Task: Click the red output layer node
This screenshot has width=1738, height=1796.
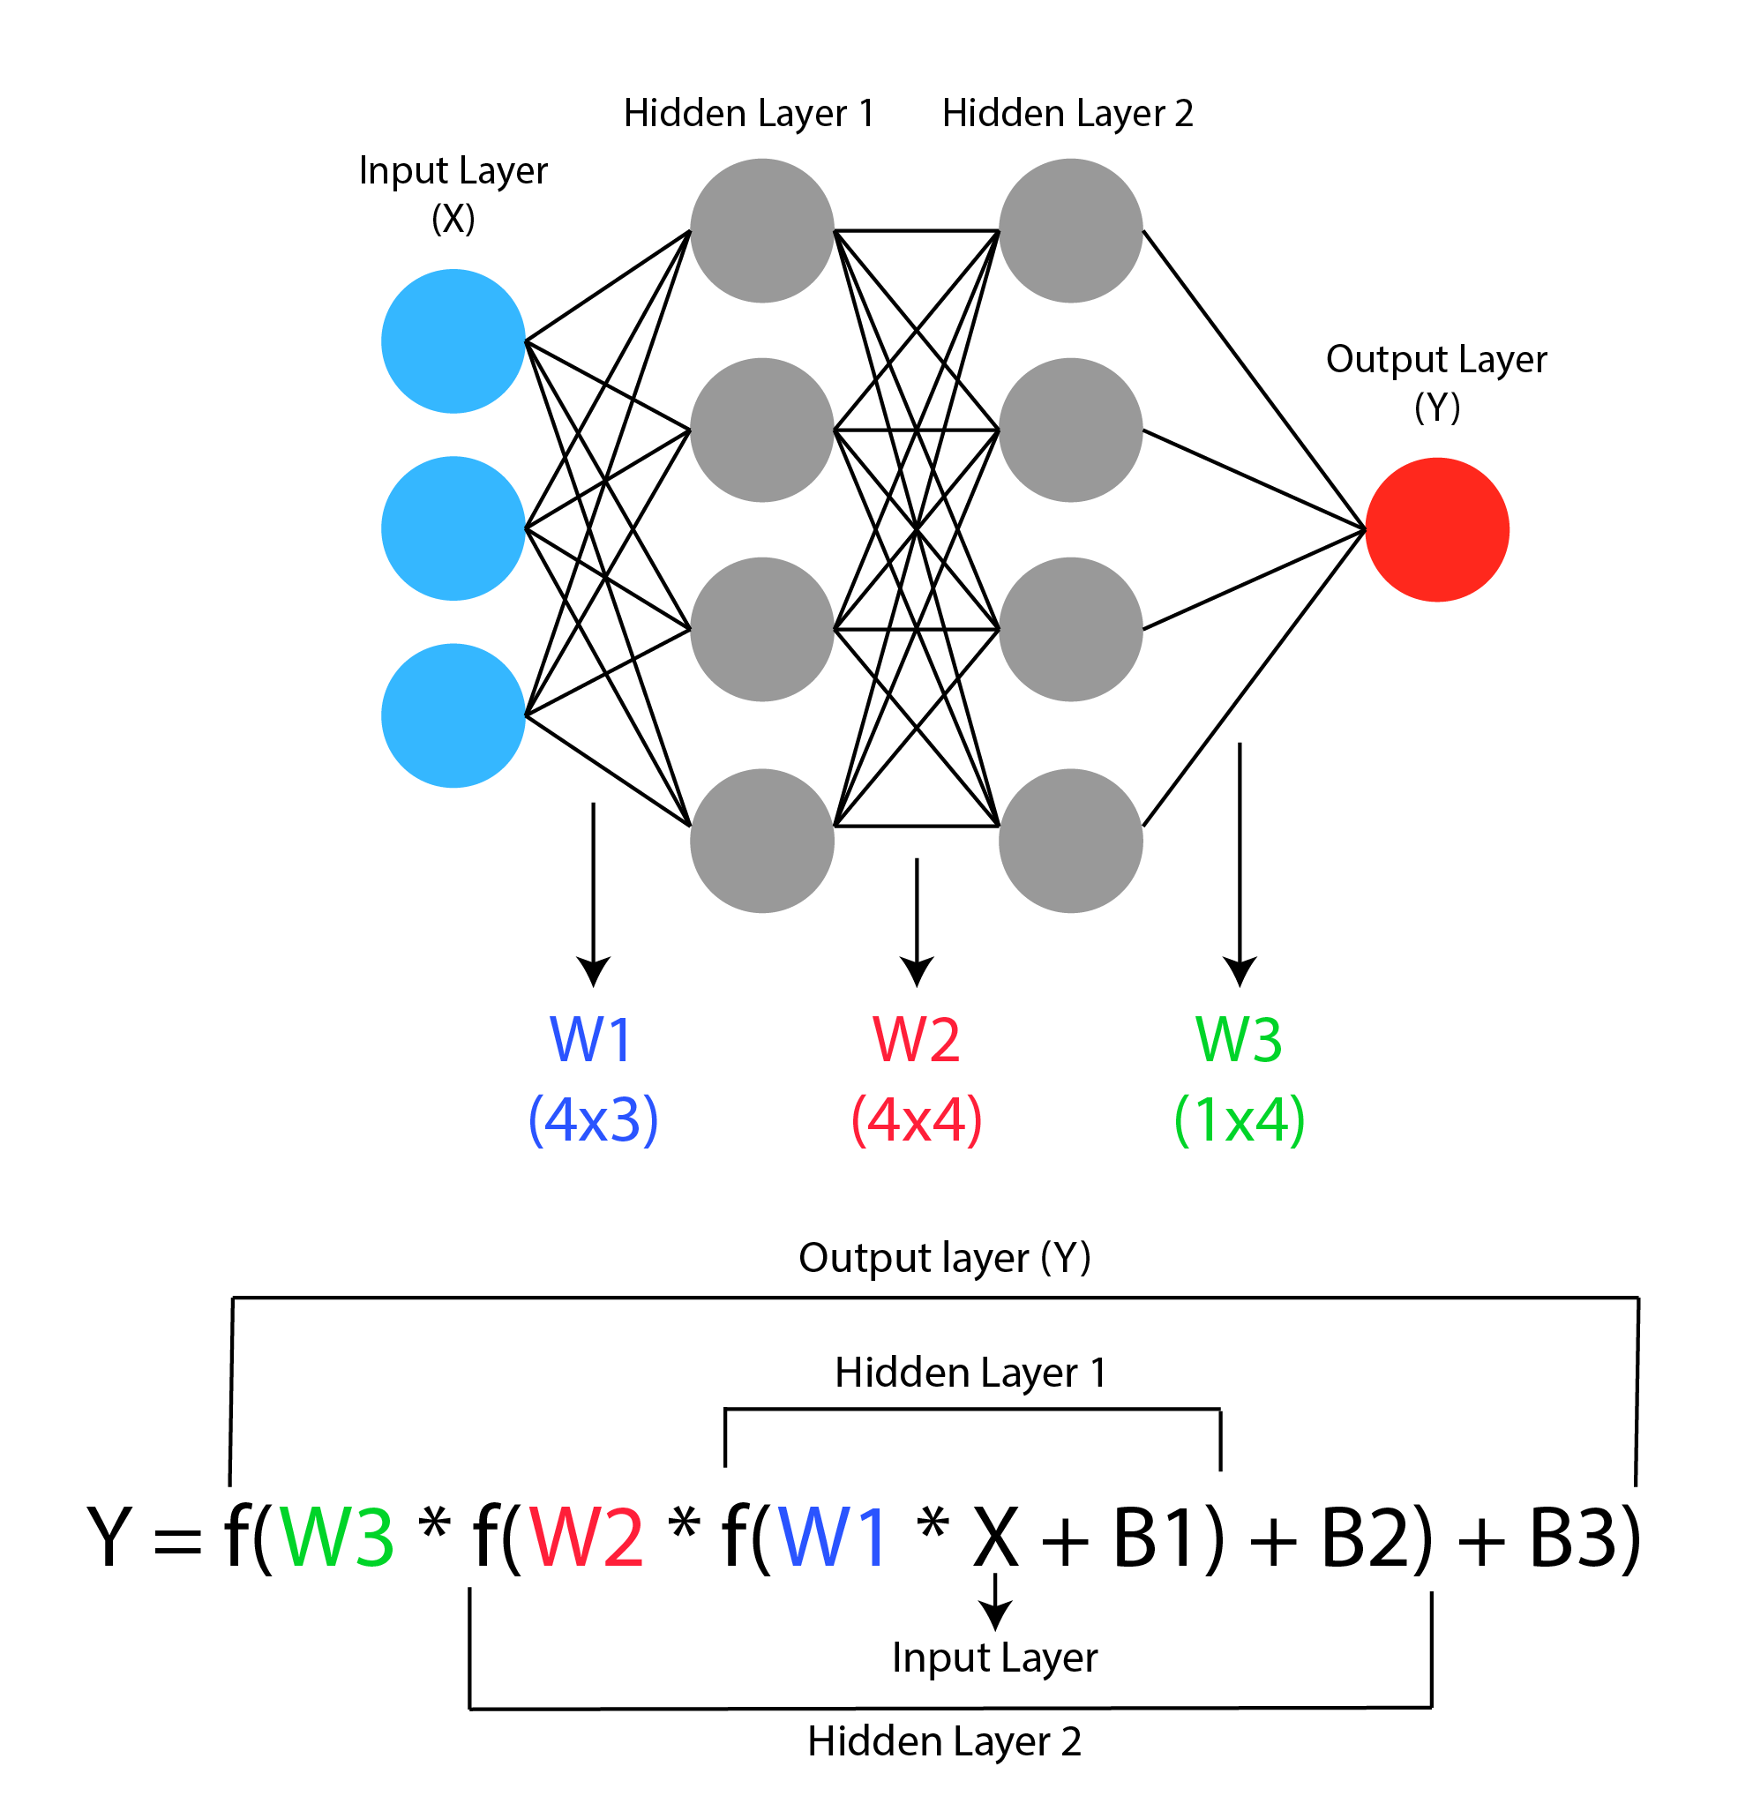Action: coord(1436,529)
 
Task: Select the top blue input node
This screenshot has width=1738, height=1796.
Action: coord(453,340)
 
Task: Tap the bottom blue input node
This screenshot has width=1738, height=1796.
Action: coord(453,715)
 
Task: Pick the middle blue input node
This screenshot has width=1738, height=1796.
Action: coord(453,528)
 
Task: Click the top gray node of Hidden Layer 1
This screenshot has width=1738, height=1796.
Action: coord(761,231)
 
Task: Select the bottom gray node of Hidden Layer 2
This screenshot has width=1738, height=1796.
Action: coord(1071,841)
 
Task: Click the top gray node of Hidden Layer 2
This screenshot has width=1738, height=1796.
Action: coord(1071,231)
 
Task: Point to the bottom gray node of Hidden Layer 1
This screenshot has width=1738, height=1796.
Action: coord(761,841)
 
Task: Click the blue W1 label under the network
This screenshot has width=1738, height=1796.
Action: coord(591,1040)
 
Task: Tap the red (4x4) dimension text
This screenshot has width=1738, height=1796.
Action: coord(917,1119)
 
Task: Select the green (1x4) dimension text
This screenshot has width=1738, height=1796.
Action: coord(1240,1119)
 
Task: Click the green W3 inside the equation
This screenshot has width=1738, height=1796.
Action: coord(336,1537)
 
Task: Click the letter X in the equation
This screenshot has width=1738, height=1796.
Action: coord(995,1537)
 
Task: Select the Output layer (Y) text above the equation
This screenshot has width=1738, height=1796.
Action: coord(944,1258)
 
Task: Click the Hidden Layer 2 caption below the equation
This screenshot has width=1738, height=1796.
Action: coord(944,1741)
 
